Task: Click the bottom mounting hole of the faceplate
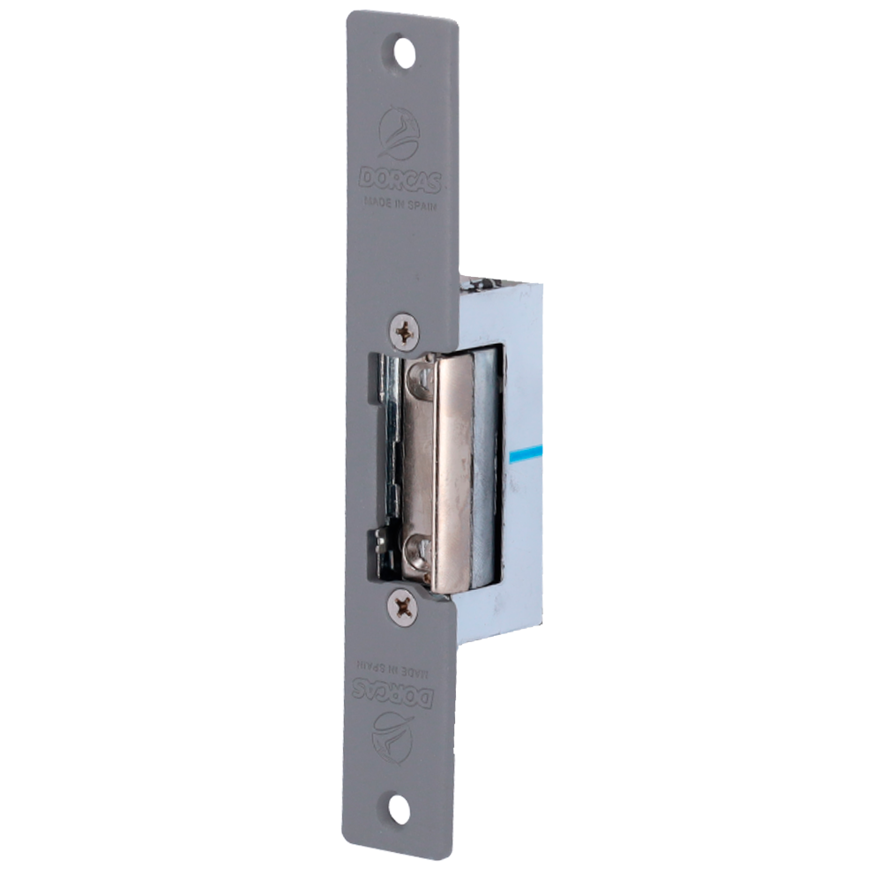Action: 398,811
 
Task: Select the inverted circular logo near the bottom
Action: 397,734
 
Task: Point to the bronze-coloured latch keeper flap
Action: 441,467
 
